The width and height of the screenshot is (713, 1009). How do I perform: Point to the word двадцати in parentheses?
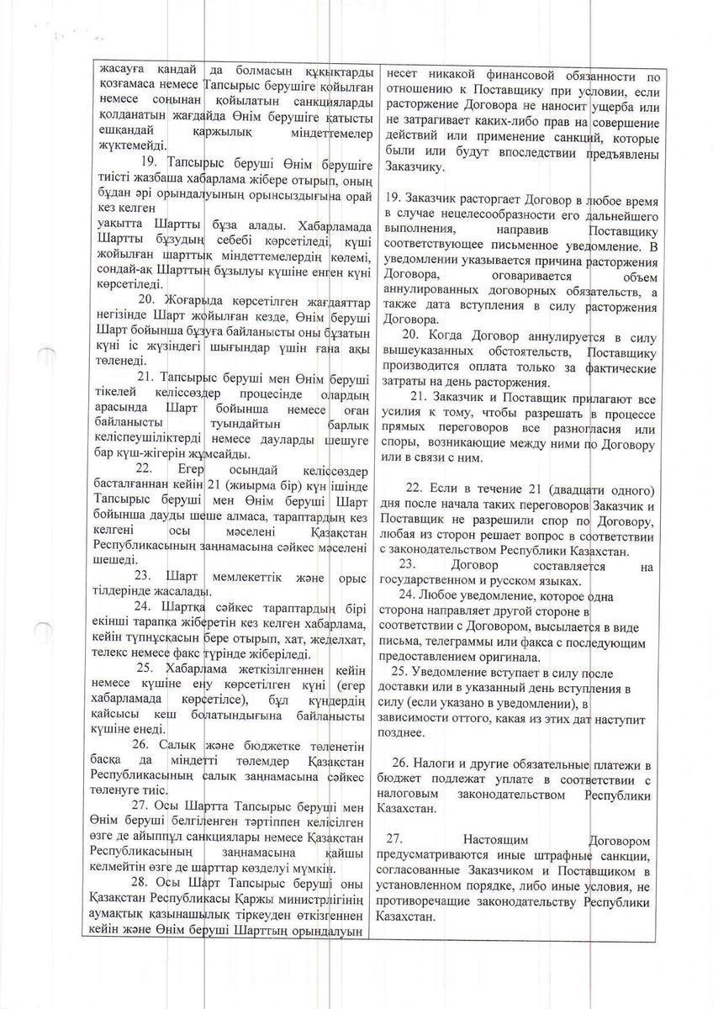click(568, 489)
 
